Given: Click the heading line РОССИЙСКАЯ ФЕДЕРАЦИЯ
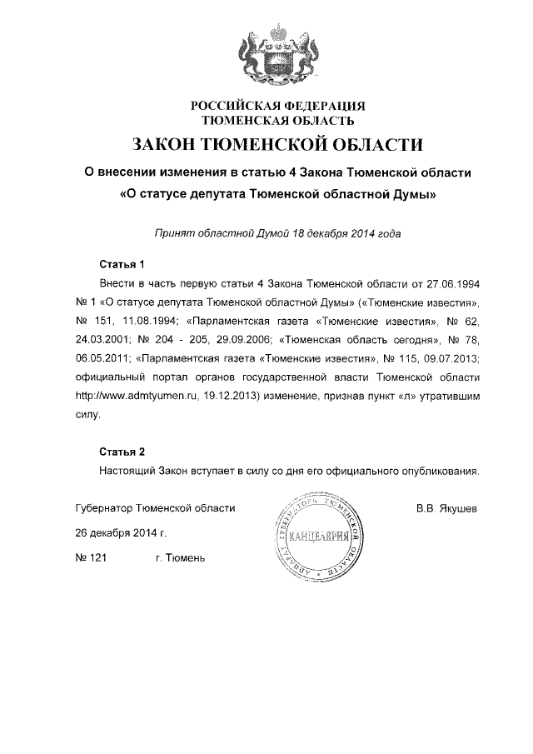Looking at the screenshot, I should click(279, 107).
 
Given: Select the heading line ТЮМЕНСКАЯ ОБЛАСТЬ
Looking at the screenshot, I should click(279, 121).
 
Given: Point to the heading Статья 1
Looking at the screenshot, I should click(122, 265).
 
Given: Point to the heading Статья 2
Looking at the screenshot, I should click(122, 452).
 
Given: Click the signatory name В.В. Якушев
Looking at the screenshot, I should click(446, 507).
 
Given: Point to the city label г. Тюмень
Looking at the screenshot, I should click(180, 557).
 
